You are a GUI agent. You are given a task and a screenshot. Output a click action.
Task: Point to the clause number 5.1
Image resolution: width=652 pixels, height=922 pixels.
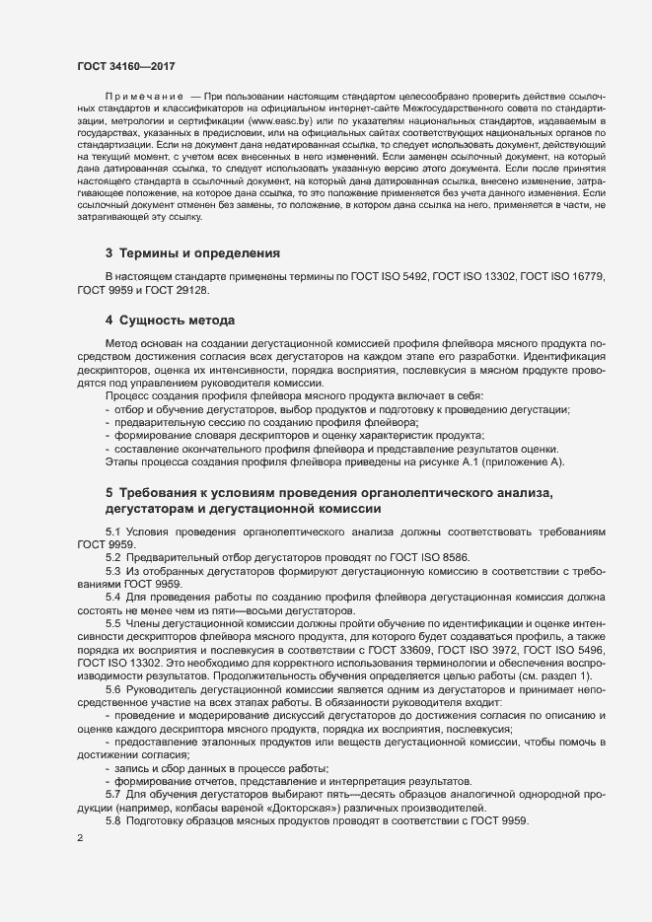[113, 532]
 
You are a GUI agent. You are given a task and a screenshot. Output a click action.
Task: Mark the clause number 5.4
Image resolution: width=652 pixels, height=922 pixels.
[113, 598]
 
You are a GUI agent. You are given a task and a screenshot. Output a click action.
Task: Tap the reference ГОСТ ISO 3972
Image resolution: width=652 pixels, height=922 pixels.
[493, 652]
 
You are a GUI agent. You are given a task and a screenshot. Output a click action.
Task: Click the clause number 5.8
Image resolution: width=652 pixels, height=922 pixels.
[113, 821]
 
